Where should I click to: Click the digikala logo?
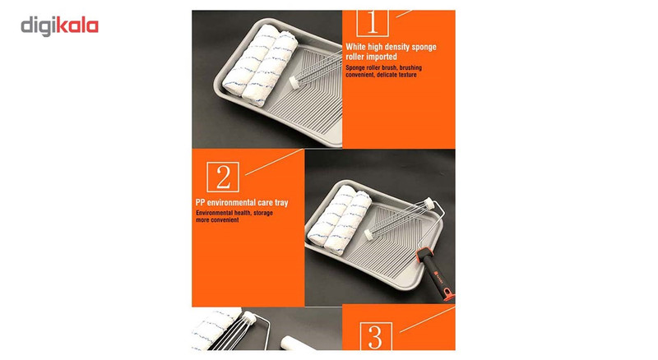coord(59,26)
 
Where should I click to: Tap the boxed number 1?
coord(373,23)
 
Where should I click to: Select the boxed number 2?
coord(223,177)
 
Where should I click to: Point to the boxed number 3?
coord(376,336)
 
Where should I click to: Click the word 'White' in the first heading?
coord(356,47)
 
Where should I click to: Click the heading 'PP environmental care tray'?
coord(242,203)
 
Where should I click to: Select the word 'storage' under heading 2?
coord(263,213)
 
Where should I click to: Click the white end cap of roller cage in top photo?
coord(295,81)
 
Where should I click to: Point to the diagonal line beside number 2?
coord(274,162)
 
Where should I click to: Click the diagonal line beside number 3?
coord(427,320)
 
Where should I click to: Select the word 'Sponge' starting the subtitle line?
coord(355,67)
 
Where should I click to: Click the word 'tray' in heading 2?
coord(281,203)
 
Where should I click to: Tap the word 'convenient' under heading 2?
coord(224,219)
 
